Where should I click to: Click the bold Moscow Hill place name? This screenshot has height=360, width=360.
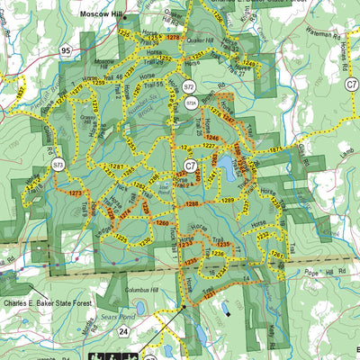point(107,15)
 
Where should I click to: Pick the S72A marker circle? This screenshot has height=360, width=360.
point(191,103)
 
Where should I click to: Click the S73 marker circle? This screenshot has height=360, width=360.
point(58,165)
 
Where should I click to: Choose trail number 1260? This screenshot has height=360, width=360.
point(161,222)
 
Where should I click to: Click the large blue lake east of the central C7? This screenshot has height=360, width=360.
point(229,166)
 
